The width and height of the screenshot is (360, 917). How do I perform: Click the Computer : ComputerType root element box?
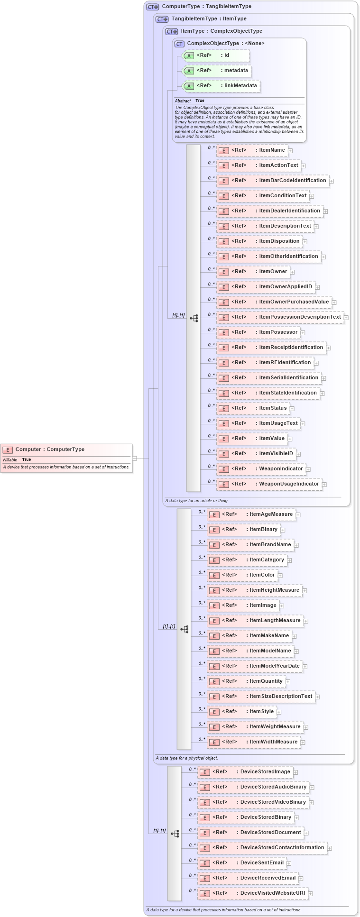pyautogui.click(x=66, y=449)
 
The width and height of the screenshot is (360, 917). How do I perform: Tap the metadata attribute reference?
pyautogui.click(x=216, y=71)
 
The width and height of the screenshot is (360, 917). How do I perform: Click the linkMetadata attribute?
pyautogui.click(x=221, y=86)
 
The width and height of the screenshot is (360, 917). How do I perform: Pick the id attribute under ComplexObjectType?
pyautogui.click(x=216, y=55)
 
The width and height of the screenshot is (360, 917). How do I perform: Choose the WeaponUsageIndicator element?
pyautogui.click(x=269, y=484)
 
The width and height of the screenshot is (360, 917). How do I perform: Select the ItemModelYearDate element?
pyautogui.click(x=255, y=666)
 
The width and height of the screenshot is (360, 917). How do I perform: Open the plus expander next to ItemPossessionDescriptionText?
pyautogui.click(x=346, y=318)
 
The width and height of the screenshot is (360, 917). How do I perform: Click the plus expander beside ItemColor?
pyautogui.click(x=280, y=576)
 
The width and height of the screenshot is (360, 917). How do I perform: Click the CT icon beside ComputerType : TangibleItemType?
pyautogui.click(x=152, y=7)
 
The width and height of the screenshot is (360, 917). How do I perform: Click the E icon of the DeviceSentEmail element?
pyautogui.click(x=204, y=863)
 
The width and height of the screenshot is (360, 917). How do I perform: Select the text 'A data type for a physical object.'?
pyautogui.click(x=187, y=758)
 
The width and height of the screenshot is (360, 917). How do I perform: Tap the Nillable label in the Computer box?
pyautogui.click(x=10, y=459)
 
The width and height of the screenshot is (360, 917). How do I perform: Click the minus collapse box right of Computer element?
pyautogui.click(x=135, y=458)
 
